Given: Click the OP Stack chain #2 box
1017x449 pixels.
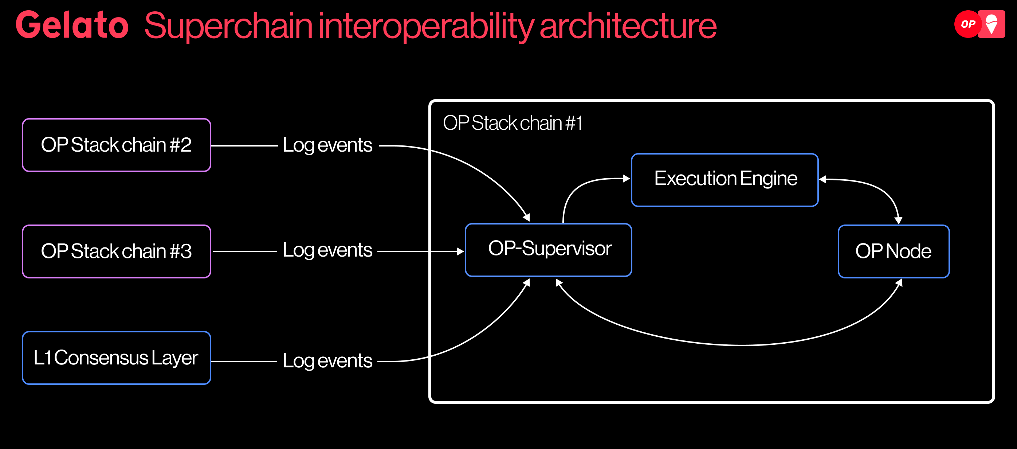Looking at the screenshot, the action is pos(117,145).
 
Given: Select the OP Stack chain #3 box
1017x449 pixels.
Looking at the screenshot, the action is pos(117,251).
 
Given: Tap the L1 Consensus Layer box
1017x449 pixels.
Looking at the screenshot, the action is pos(117,358).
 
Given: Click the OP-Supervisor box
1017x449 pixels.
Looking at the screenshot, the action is pos(548,250).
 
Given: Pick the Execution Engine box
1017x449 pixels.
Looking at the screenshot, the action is pos(725,180).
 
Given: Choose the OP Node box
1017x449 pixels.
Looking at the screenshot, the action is pos(894,251).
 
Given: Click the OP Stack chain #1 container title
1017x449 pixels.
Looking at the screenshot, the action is pos(513,123).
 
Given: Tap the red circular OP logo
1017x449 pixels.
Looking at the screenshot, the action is pos(968,24).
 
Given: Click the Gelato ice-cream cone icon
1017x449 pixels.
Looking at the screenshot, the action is pos(992,24).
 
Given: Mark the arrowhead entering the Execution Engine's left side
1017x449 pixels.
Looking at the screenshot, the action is pos(626,179).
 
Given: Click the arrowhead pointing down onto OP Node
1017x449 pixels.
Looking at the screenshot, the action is pos(898,220).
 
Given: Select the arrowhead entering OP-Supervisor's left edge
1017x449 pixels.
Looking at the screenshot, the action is pos(460,251).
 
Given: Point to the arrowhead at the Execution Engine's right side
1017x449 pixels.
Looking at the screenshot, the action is pos(823,180).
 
